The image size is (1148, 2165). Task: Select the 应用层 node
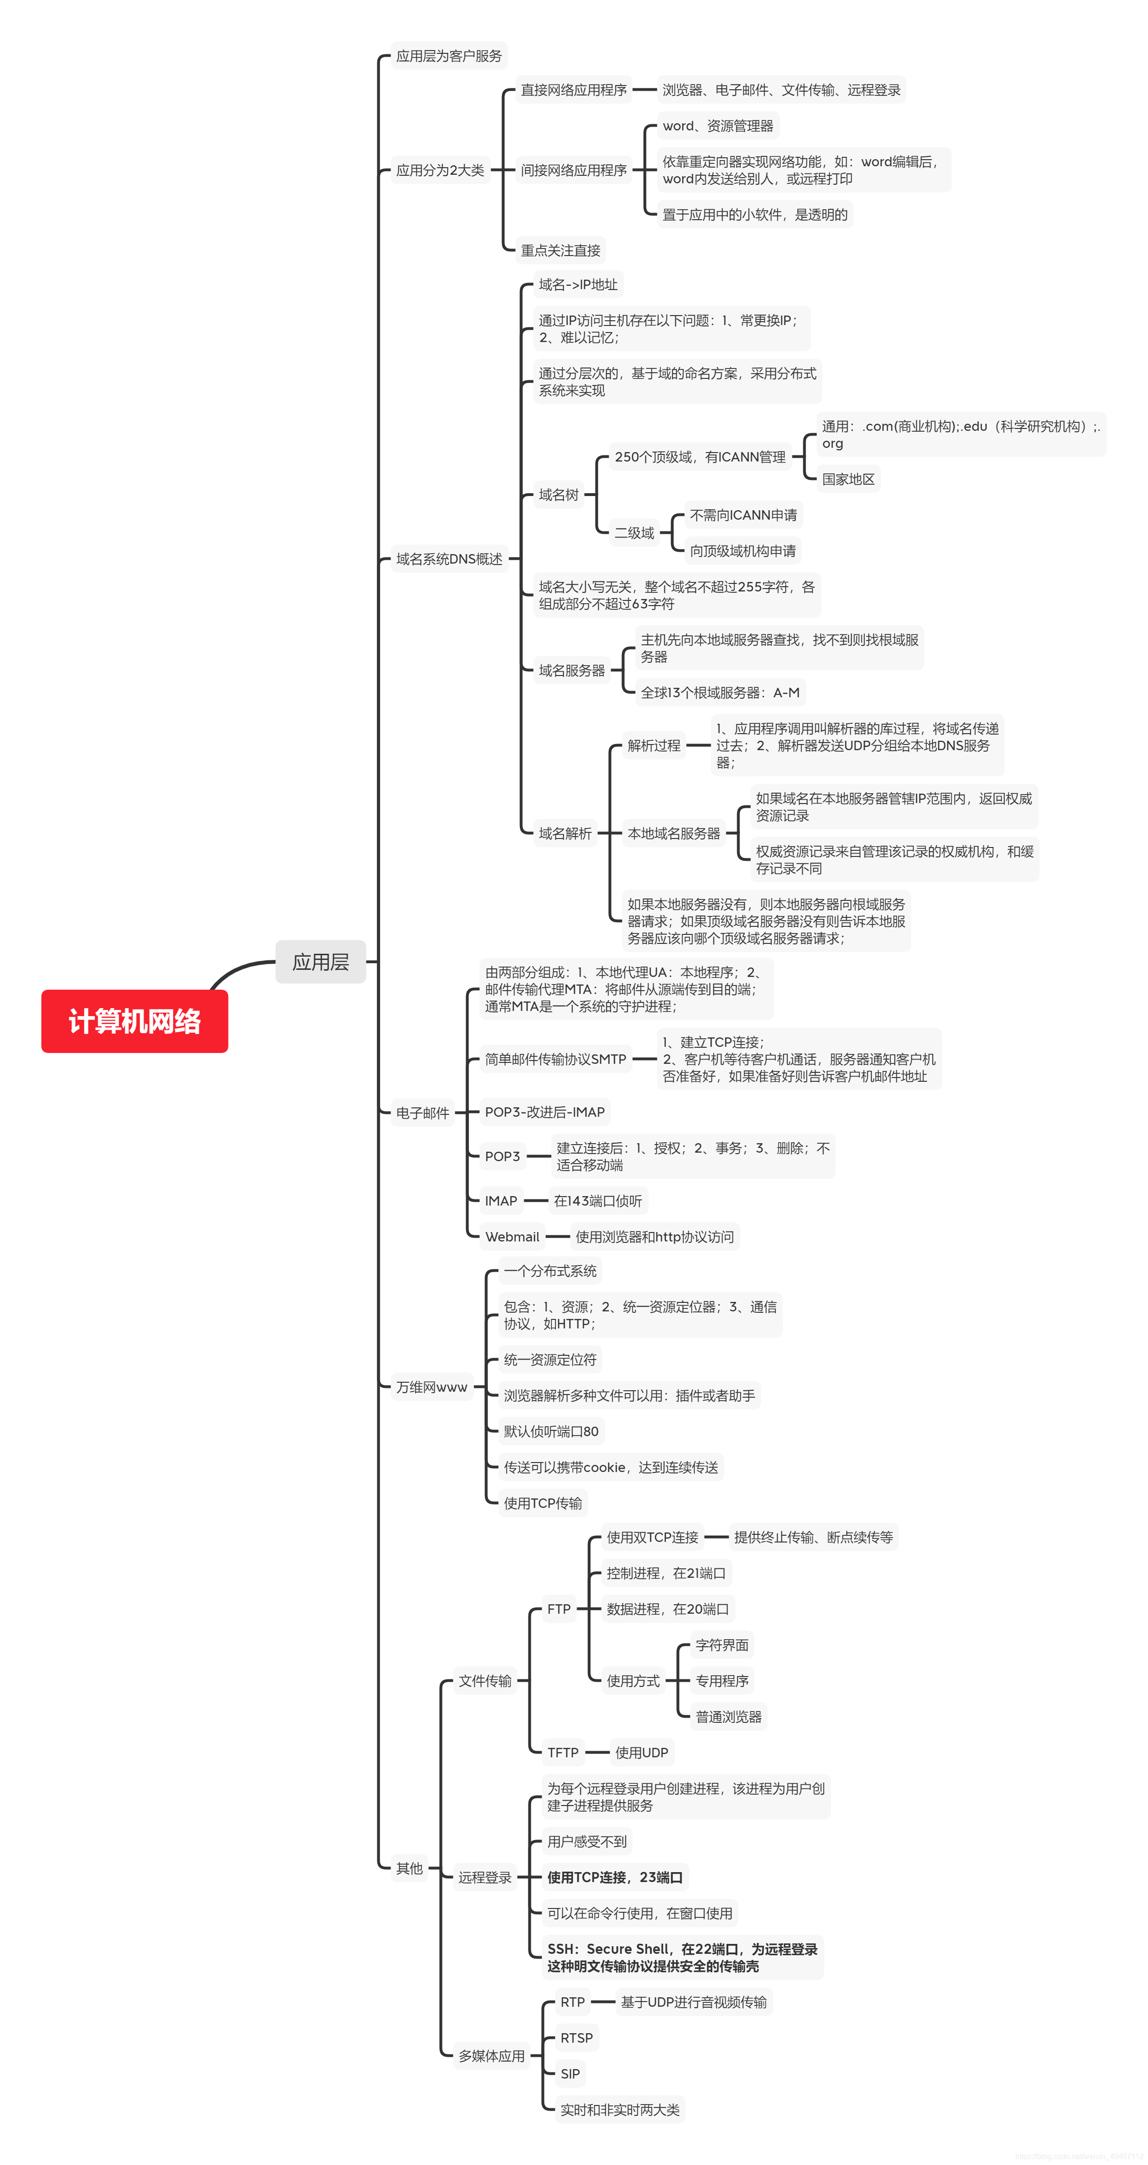coord(320,961)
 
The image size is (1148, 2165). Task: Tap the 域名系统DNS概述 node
coord(449,559)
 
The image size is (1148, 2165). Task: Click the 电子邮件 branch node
coord(422,1113)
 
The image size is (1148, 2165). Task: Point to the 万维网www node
coord(431,1387)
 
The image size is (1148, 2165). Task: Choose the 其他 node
coord(409,1867)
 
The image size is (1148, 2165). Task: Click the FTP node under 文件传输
coord(558,1609)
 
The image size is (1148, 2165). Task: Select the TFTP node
coord(562,1752)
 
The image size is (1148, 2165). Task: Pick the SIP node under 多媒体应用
coord(570,2073)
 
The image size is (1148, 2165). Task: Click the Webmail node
coord(512,1236)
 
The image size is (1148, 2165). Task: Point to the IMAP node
coord(501,1200)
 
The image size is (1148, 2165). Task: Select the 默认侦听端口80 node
coord(551,1431)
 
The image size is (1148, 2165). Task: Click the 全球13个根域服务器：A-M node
coord(719,693)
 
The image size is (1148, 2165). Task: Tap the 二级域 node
coord(634,533)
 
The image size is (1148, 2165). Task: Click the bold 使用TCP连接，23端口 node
coord(614,1877)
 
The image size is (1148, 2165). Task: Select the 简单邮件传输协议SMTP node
coord(555,1059)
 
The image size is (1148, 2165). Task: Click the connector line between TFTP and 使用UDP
coord(597,1752)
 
